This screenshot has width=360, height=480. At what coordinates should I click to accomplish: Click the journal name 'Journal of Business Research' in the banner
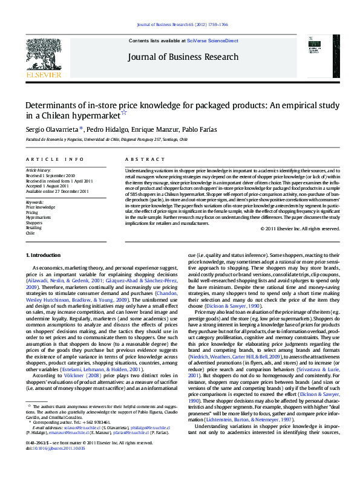(182, 57)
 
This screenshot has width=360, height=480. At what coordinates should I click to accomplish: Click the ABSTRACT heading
(137, 158)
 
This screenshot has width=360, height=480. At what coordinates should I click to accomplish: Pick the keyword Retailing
(33, 228)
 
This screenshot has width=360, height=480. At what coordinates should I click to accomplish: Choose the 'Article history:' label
(38, 170)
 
